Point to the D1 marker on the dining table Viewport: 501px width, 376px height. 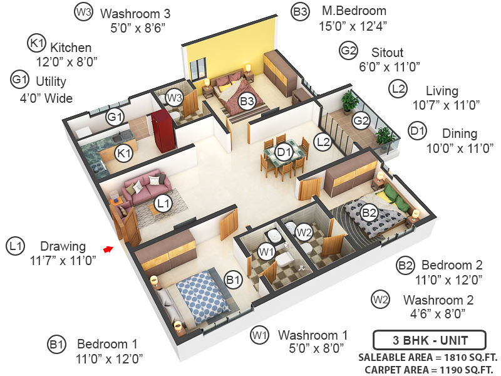pyautogui.click(x=284, y=151)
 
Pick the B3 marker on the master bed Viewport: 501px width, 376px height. pyautogui.click(x=246, y=100)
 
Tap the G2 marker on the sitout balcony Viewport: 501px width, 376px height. pyautogui.click(x=360, y=120)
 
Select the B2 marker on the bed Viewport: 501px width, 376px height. pyautogui.click(x=369, y=212)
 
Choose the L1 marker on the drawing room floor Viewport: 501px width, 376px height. pyautogui.click(x=163, y=203)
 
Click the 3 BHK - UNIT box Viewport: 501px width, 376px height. pyautogui.click(x=429, y=341)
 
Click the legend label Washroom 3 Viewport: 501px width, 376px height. pyautogui.click(x=135, y=13)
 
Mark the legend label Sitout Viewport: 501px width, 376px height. pyautogui.click(x=387, y=52)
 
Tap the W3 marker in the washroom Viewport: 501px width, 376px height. pyautogui.click(x=174, y=97)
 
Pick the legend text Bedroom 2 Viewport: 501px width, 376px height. pyautogui.click(x=451, y=264)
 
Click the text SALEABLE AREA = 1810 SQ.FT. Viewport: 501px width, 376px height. pyautogui.click(x=428, y=357)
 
